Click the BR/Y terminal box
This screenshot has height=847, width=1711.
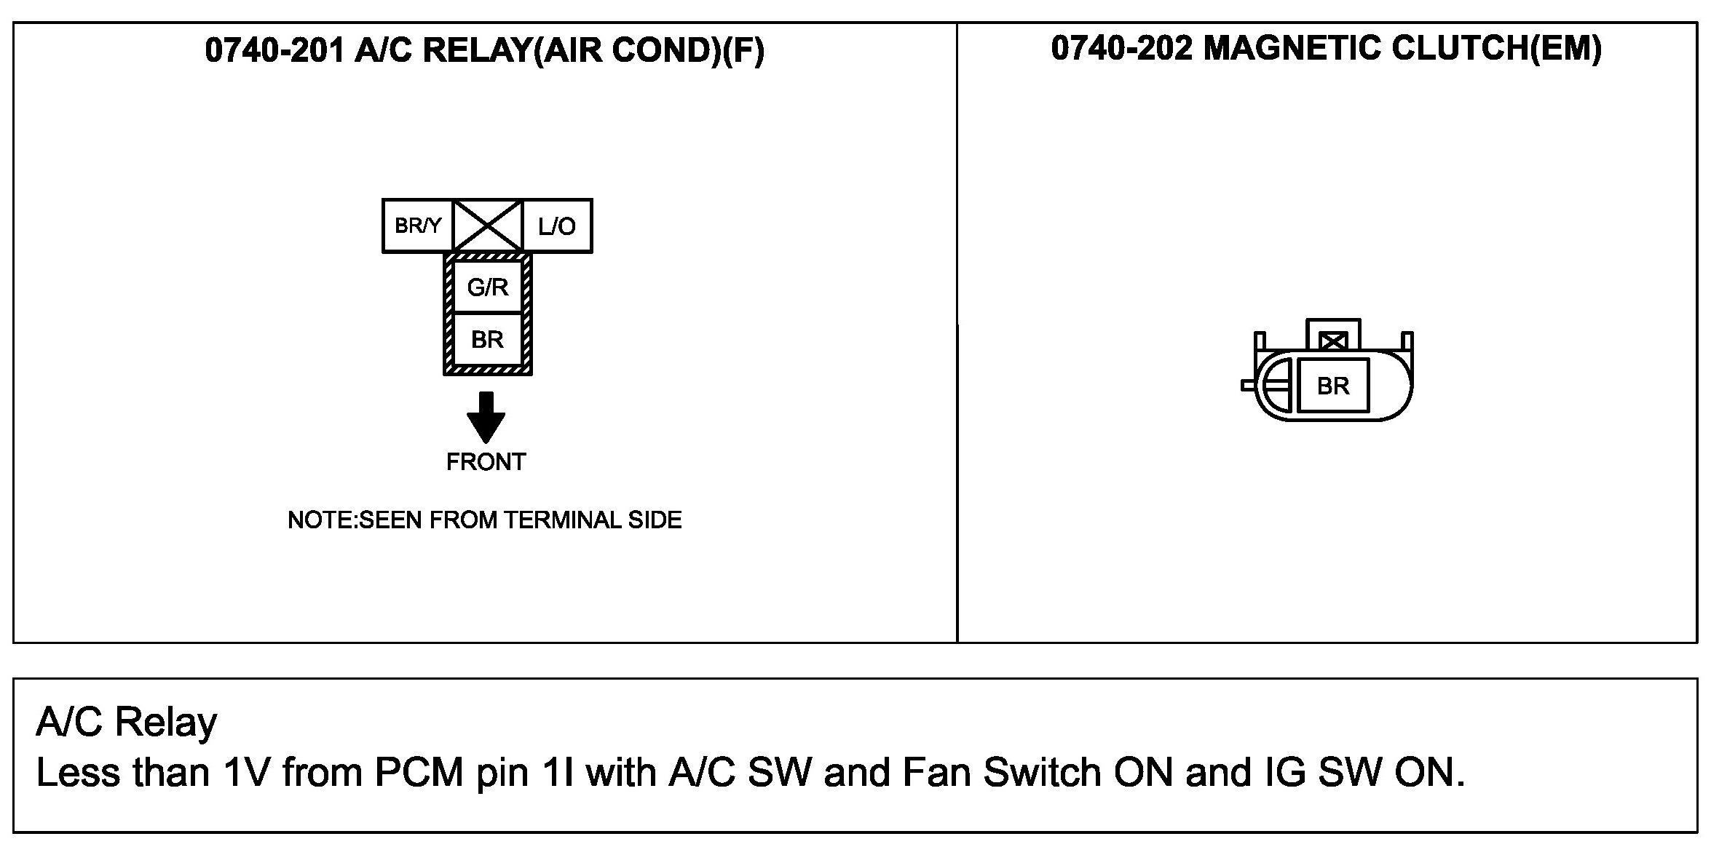point(418,226)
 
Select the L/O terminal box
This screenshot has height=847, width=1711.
point(557,226)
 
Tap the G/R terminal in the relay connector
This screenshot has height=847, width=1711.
point(488,287)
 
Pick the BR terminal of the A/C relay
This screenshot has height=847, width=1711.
point(488,340)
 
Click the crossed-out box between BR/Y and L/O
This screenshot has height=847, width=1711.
point(488,226)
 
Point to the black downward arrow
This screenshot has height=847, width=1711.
point(486,417)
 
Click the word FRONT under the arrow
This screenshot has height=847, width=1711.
point(486,462)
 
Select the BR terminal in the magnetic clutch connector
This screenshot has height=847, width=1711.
point(1333,386)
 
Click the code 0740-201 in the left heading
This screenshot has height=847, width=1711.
point(275,50)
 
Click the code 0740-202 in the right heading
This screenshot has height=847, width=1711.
point(1121,48)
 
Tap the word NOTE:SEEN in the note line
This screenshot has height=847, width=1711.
point(356,520)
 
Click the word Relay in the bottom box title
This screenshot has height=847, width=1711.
point(166,723)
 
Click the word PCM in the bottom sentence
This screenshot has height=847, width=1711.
point(419,772)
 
